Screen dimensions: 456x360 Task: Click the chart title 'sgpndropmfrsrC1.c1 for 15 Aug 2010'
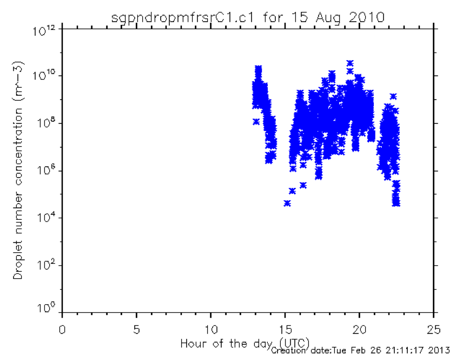click(x=248, y=17)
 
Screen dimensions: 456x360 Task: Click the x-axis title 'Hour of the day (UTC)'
click(x=245, y=344)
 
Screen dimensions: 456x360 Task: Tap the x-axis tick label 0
click(x=62, y=330)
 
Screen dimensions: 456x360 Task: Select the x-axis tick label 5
click(x=136, y=330)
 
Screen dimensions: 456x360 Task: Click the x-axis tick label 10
click(x=210, y=330)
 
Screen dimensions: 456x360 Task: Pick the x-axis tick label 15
click(x=285, y=330)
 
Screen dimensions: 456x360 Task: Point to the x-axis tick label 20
click(x=360, y=330)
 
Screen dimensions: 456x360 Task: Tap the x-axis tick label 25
click(x=434, y=330)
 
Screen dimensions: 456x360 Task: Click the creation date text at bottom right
click(x=361, y=350)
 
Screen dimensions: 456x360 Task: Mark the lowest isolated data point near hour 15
click(x=287, y=203)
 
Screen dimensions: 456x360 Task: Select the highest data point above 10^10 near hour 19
click(x=350, y=63)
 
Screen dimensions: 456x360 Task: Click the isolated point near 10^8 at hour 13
click(x=256, y=122)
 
